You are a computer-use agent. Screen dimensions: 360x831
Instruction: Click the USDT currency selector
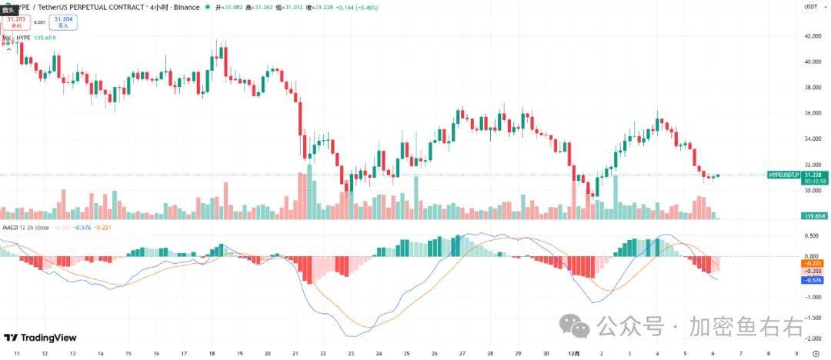(x=810, y=6)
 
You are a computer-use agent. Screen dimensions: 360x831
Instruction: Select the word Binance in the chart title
(x=188, y=7)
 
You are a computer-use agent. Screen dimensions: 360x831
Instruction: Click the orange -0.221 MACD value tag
(x=813, y=263)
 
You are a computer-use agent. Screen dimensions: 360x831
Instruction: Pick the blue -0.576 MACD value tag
(x=813, y=278)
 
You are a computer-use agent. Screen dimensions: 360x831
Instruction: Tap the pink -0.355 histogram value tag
(x=813, y=271)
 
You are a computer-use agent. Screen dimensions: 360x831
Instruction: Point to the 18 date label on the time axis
(x=212, y=353)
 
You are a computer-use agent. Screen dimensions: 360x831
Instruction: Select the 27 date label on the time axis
(x=462, y=353)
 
